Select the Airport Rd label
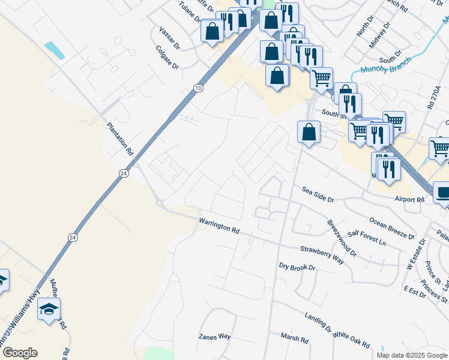(409, 199)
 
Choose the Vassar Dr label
(170, 38)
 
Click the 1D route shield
(199, 88)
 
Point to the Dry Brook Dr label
(297, 266)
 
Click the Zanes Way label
(215, 337)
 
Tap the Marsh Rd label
(295, 340)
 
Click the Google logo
(19, 353)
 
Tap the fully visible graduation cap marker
(49, 310)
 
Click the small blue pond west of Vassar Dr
(55, 50)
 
